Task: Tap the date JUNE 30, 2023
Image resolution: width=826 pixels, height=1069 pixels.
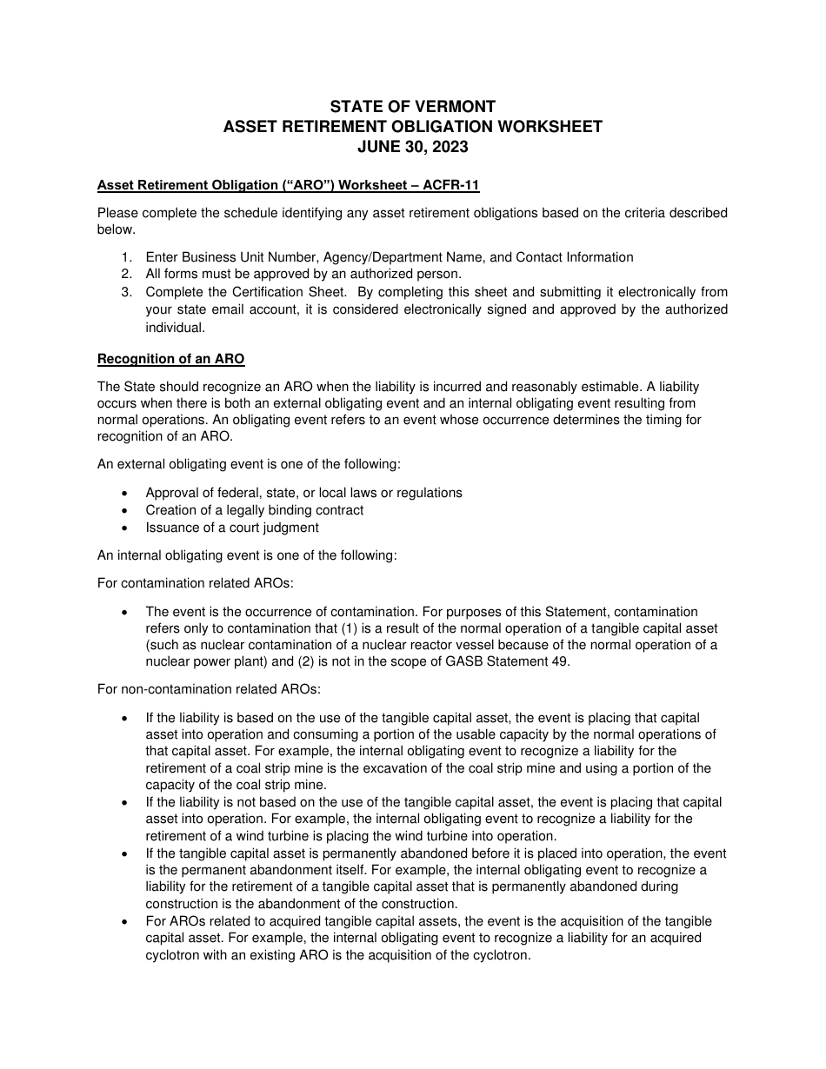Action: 413,147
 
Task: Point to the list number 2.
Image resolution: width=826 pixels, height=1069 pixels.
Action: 126,275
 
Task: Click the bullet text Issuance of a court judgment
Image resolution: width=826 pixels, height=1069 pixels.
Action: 232,528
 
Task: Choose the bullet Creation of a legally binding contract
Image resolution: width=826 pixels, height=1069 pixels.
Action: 255,510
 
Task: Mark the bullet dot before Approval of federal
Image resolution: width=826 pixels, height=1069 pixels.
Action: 127,493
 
